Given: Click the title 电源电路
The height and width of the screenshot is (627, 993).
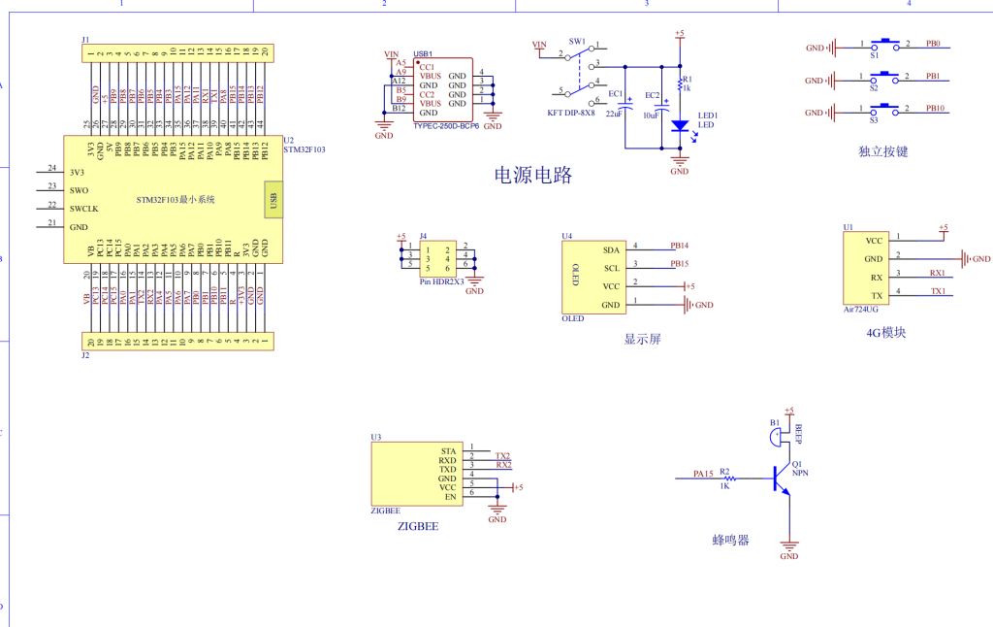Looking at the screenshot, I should coord(533,176).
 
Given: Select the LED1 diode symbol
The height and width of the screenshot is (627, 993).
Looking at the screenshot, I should coord(680,125).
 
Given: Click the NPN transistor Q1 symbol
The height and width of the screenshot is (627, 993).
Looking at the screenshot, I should coord(781,478).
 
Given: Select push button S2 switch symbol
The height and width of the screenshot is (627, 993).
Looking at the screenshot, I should coord(884,77).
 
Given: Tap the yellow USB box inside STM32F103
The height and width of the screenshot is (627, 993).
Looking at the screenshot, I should coord(273,201).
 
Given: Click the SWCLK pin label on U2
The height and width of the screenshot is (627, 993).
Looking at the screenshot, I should coord(84,209).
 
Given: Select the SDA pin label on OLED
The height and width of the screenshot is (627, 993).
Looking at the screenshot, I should coord(611,249).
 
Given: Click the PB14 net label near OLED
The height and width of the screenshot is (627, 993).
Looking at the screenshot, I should coord(679,246).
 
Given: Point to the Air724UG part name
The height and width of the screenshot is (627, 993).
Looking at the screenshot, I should coord(860,310).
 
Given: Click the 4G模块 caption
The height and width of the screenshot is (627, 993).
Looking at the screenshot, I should coord(885,333).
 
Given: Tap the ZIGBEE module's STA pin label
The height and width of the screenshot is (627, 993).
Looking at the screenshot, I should coord(447,451).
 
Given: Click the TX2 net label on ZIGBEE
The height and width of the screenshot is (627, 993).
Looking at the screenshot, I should coord(502,456).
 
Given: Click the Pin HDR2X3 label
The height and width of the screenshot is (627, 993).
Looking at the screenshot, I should coord(441,280).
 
